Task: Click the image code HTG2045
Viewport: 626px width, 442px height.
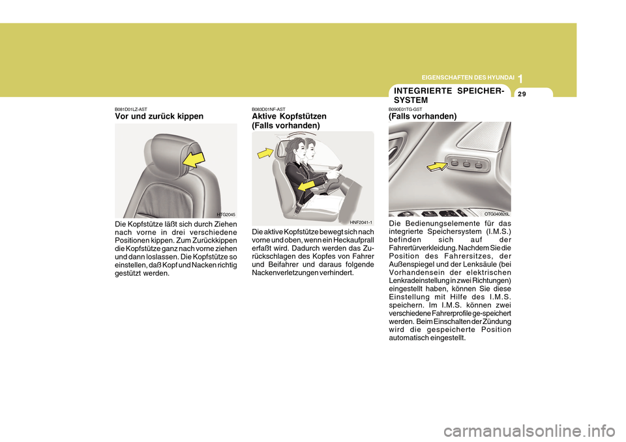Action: [226, 214]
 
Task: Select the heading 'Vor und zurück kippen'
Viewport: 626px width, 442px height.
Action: [158, 116]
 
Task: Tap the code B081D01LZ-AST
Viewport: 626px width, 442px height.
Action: [131, 109]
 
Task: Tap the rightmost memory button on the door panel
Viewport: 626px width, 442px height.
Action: [479, 164]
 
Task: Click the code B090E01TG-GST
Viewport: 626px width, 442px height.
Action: [405, 109]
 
